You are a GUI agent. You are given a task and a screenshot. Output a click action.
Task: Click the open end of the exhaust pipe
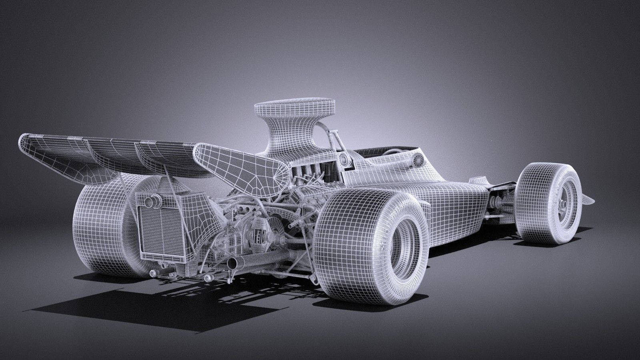(231, 264)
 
